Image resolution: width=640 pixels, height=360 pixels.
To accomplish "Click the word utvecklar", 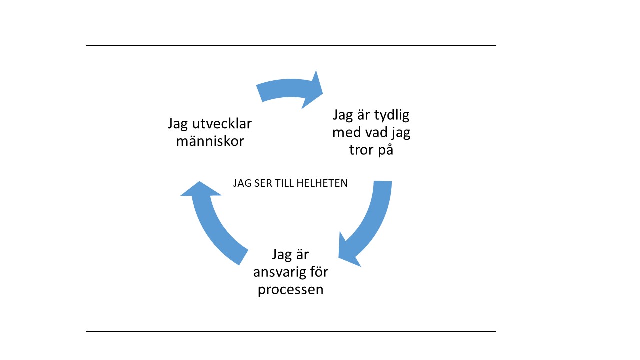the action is pyautogui.click(x=222, y=124).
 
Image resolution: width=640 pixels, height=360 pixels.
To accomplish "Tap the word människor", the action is pyautogui.click(x=210, y=141).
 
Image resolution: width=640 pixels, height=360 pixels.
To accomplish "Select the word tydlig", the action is pyautogui.click(x=392, y=116).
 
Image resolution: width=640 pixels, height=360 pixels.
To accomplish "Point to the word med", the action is pyautogui.click(x=345, y=132).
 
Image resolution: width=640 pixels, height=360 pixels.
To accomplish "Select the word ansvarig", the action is pyautogui.click(x=277, y=272).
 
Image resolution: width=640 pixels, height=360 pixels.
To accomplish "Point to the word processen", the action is pyautogui.click(x=291, y=290).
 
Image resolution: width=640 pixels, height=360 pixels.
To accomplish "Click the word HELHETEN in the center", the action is pyautogui.click(x=322, y=183).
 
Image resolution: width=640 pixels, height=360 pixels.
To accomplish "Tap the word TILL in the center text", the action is pyautogui.click(x=284, y=183).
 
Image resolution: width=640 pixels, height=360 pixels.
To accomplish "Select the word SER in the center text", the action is pyautogui.click(x=262, y=183).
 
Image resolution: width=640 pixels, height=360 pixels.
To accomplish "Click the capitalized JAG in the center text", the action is pyautogui.click(x=242, y=183).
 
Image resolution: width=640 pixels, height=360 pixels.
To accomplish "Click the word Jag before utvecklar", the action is pyautogui.click(x=177, y=124).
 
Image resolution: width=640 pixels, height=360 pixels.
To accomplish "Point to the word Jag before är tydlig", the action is pyautogui.click(x=343, y=116).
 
